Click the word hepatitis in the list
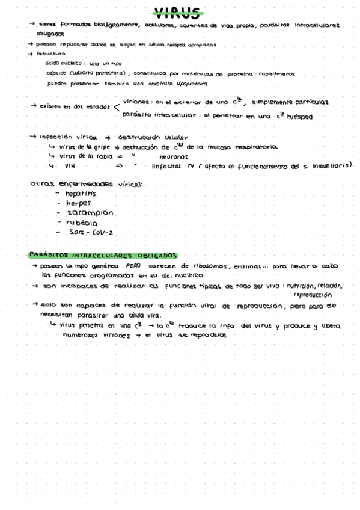81,194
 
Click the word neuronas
172,156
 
